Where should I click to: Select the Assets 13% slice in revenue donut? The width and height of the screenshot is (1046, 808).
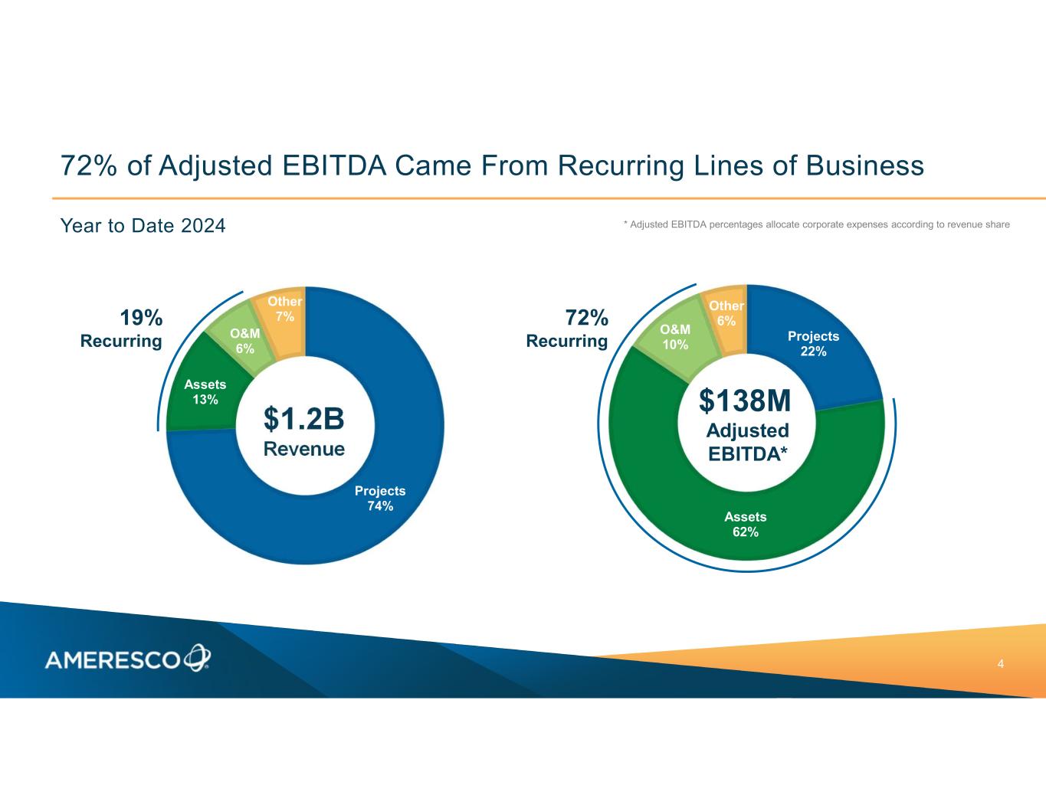point(205,393)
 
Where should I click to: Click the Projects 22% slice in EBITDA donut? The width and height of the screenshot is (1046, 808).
point(814,344)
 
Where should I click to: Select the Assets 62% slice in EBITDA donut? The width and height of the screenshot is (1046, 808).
point(745,525)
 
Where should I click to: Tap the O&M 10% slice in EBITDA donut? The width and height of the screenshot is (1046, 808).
point(675,336)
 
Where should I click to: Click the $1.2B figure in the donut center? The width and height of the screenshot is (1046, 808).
point(304,420)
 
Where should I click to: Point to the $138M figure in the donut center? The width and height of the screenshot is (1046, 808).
point(745,400)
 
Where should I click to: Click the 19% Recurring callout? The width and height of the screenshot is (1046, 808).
point(123,329)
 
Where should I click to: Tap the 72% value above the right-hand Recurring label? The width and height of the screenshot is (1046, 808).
point(587,317)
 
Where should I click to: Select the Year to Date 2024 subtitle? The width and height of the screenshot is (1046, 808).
point(143,226)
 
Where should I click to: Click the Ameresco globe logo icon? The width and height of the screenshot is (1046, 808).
point(196,657)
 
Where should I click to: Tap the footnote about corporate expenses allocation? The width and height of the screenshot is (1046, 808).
point(816,224)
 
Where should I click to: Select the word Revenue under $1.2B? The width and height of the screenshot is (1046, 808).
point(304,449)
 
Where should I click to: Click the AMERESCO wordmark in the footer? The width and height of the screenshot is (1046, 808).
point(113,659)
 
